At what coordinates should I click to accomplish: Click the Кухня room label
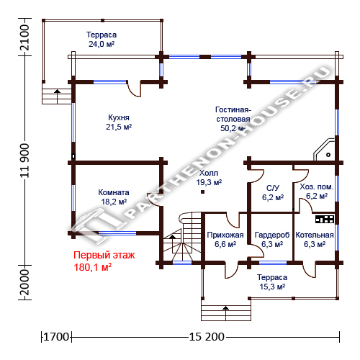point(119,117)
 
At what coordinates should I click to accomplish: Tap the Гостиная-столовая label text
point(233,114)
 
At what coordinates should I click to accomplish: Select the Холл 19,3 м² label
point(209,178)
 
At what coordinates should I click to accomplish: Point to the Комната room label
point(114,192)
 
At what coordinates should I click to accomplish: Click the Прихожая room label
point(225,235)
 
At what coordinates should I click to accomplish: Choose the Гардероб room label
point(272,235)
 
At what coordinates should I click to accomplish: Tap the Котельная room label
point(315,235)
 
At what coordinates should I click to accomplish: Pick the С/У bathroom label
point(273,188)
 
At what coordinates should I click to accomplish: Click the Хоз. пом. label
point(317,186)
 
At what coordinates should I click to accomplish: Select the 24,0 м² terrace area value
point(102,44)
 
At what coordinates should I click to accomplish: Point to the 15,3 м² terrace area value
point(272,287)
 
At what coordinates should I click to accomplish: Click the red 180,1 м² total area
point(93,267)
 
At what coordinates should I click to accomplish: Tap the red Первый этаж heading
point(104,255)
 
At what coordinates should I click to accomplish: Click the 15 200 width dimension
point(207,337)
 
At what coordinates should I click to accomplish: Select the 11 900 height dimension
point(24,161)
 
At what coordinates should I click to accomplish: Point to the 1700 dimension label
point(56,337)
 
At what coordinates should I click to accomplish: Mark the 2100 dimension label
point(24,37)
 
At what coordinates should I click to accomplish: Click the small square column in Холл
point(203,192)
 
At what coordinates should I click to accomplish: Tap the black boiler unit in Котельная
point(325,219)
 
